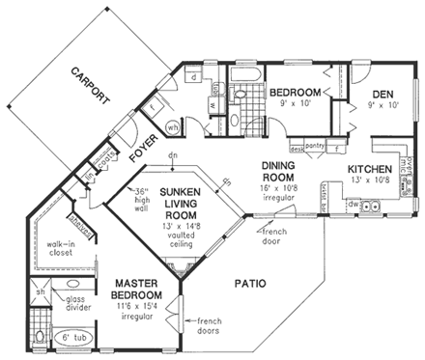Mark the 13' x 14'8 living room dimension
(x=180, y=198)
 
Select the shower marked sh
(x=41, y=292)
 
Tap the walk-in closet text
(x=60, y=249)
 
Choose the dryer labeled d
(x=194, y=74)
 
